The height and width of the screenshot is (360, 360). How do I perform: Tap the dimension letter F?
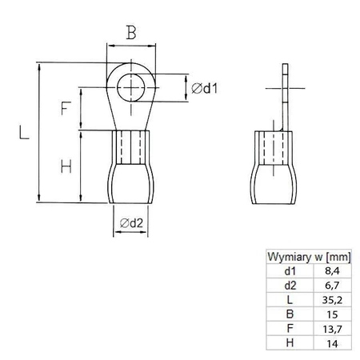pyautogui.click(x=66, y=108)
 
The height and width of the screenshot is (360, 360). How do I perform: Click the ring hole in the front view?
pyautogui.click(x=130, y=87)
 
